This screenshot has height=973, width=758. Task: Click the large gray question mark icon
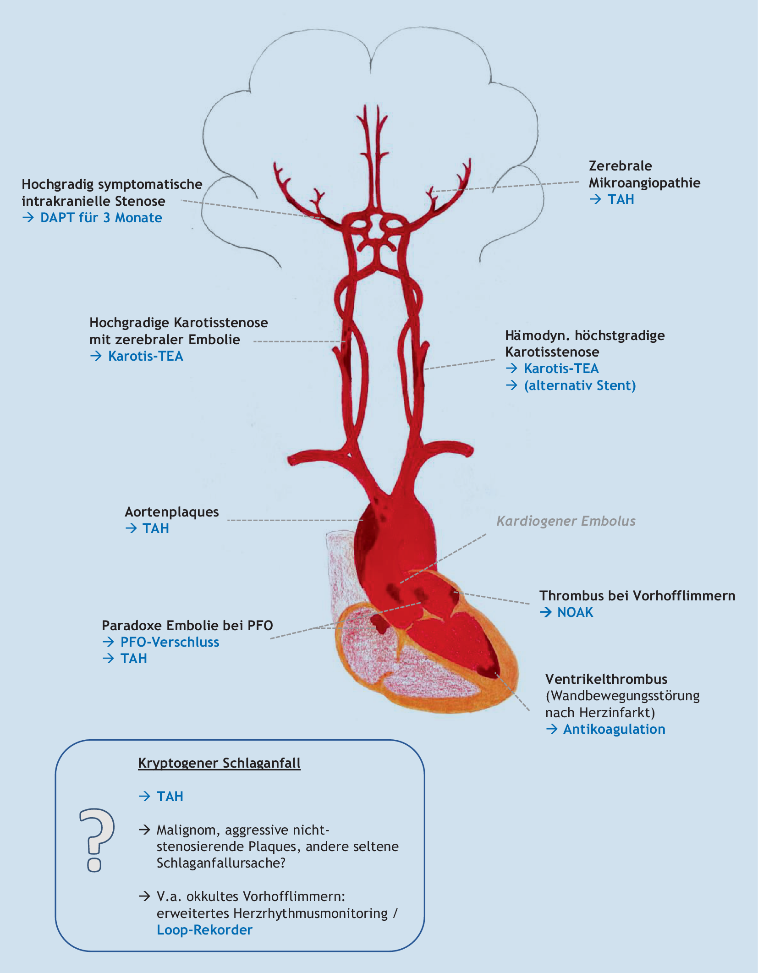coord(97,839)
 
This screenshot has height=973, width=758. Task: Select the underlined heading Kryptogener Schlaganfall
coord(219,763)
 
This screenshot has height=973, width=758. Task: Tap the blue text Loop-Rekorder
coord(204,930)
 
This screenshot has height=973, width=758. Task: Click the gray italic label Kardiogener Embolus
coord(566,521)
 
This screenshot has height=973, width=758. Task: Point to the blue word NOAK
coord(575,612)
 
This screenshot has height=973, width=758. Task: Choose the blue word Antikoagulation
coord(614,729)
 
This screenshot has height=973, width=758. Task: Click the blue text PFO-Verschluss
coord(170,642)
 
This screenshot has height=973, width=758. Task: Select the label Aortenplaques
coord(172,512)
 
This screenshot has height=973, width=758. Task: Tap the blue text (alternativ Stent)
coord(580,385)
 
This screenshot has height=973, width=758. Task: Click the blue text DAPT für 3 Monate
coord(101,218)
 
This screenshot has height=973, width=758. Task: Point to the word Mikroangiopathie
coord(644,183)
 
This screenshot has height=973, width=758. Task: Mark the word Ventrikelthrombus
coord(606,679)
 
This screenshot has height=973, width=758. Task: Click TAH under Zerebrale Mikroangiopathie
coord(621,199)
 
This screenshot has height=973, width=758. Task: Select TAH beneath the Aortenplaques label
coord(156,528)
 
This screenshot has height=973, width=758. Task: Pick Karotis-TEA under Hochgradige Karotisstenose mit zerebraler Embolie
coord(145,356)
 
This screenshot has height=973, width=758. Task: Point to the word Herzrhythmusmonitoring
coord(310,913)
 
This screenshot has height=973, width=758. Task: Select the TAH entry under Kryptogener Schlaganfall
coord(170,797)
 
